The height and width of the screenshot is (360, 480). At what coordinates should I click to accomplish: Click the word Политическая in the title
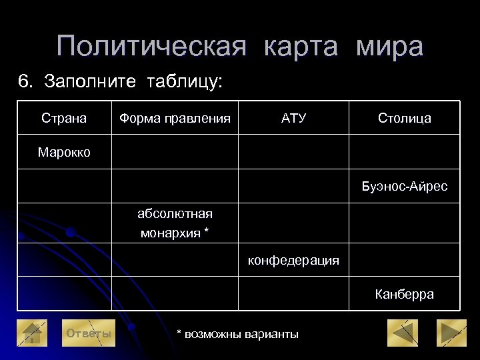pos(152,47)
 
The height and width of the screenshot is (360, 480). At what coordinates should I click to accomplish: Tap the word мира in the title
pos(389,47)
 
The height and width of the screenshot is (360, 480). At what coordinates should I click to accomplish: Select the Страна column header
pos(64,118)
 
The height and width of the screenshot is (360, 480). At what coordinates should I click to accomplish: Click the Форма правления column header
pos(175,118)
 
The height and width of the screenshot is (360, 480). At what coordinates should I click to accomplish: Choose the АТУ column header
pos(293,118)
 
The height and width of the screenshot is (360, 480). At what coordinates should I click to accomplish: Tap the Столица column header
pos(404,118)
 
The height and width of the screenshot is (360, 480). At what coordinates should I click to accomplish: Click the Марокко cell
pos(64,152)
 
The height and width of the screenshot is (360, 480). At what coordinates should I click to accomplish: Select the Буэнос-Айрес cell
pos(404,187)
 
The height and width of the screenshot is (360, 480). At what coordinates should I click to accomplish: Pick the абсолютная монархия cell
pos(175,223)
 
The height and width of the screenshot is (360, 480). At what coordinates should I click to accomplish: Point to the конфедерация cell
pos(293,260)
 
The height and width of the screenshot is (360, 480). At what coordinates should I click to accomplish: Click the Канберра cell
pos(404,294)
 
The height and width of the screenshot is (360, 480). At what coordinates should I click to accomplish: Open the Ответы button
pos(87,333)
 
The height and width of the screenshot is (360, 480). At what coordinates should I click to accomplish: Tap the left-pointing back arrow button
pos(403,333)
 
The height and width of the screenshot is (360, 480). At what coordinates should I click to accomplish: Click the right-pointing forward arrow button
pos(451,333)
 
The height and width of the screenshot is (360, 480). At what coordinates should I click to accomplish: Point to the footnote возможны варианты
pos(237,333)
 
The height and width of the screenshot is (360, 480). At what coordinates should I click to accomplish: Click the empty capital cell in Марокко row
pos(404,152)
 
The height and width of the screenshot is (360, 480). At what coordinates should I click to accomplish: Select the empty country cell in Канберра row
pos(64,294)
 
